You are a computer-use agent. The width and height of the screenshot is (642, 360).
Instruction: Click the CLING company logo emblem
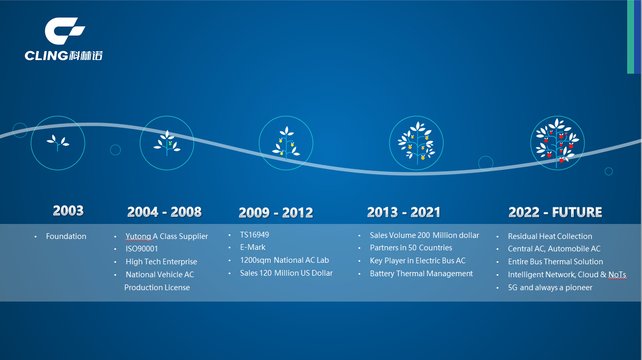click(65, 31)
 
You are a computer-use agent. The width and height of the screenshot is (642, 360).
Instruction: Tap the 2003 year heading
click(68, 211)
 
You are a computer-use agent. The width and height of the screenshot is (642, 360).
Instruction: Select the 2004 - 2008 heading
click(164, 212)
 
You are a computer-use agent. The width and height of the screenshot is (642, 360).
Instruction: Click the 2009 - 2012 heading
click(276, 213)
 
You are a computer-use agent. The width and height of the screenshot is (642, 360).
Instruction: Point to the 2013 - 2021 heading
click(404, 213)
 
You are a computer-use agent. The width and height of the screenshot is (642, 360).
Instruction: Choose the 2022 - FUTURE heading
click(555, 213)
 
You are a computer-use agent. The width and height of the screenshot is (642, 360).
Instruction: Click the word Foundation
click(66, 236)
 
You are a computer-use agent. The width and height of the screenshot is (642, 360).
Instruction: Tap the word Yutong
click(138, 236)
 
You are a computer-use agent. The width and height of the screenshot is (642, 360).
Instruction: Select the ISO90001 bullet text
click(142, 249)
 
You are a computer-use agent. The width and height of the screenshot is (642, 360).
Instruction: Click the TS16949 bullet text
click(255, 235)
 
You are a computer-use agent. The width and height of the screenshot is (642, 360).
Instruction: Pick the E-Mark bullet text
click(253, 247)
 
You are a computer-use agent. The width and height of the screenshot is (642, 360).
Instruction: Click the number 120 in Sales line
click(265, 273)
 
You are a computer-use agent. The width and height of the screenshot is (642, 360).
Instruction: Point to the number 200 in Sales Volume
click(424, 235)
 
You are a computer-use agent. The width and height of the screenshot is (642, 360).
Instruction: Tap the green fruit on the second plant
click(170, 144)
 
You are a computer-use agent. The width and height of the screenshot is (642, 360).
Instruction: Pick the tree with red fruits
click(557, 143)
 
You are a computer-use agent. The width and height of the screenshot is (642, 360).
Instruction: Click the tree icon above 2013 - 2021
click(416, 143)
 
